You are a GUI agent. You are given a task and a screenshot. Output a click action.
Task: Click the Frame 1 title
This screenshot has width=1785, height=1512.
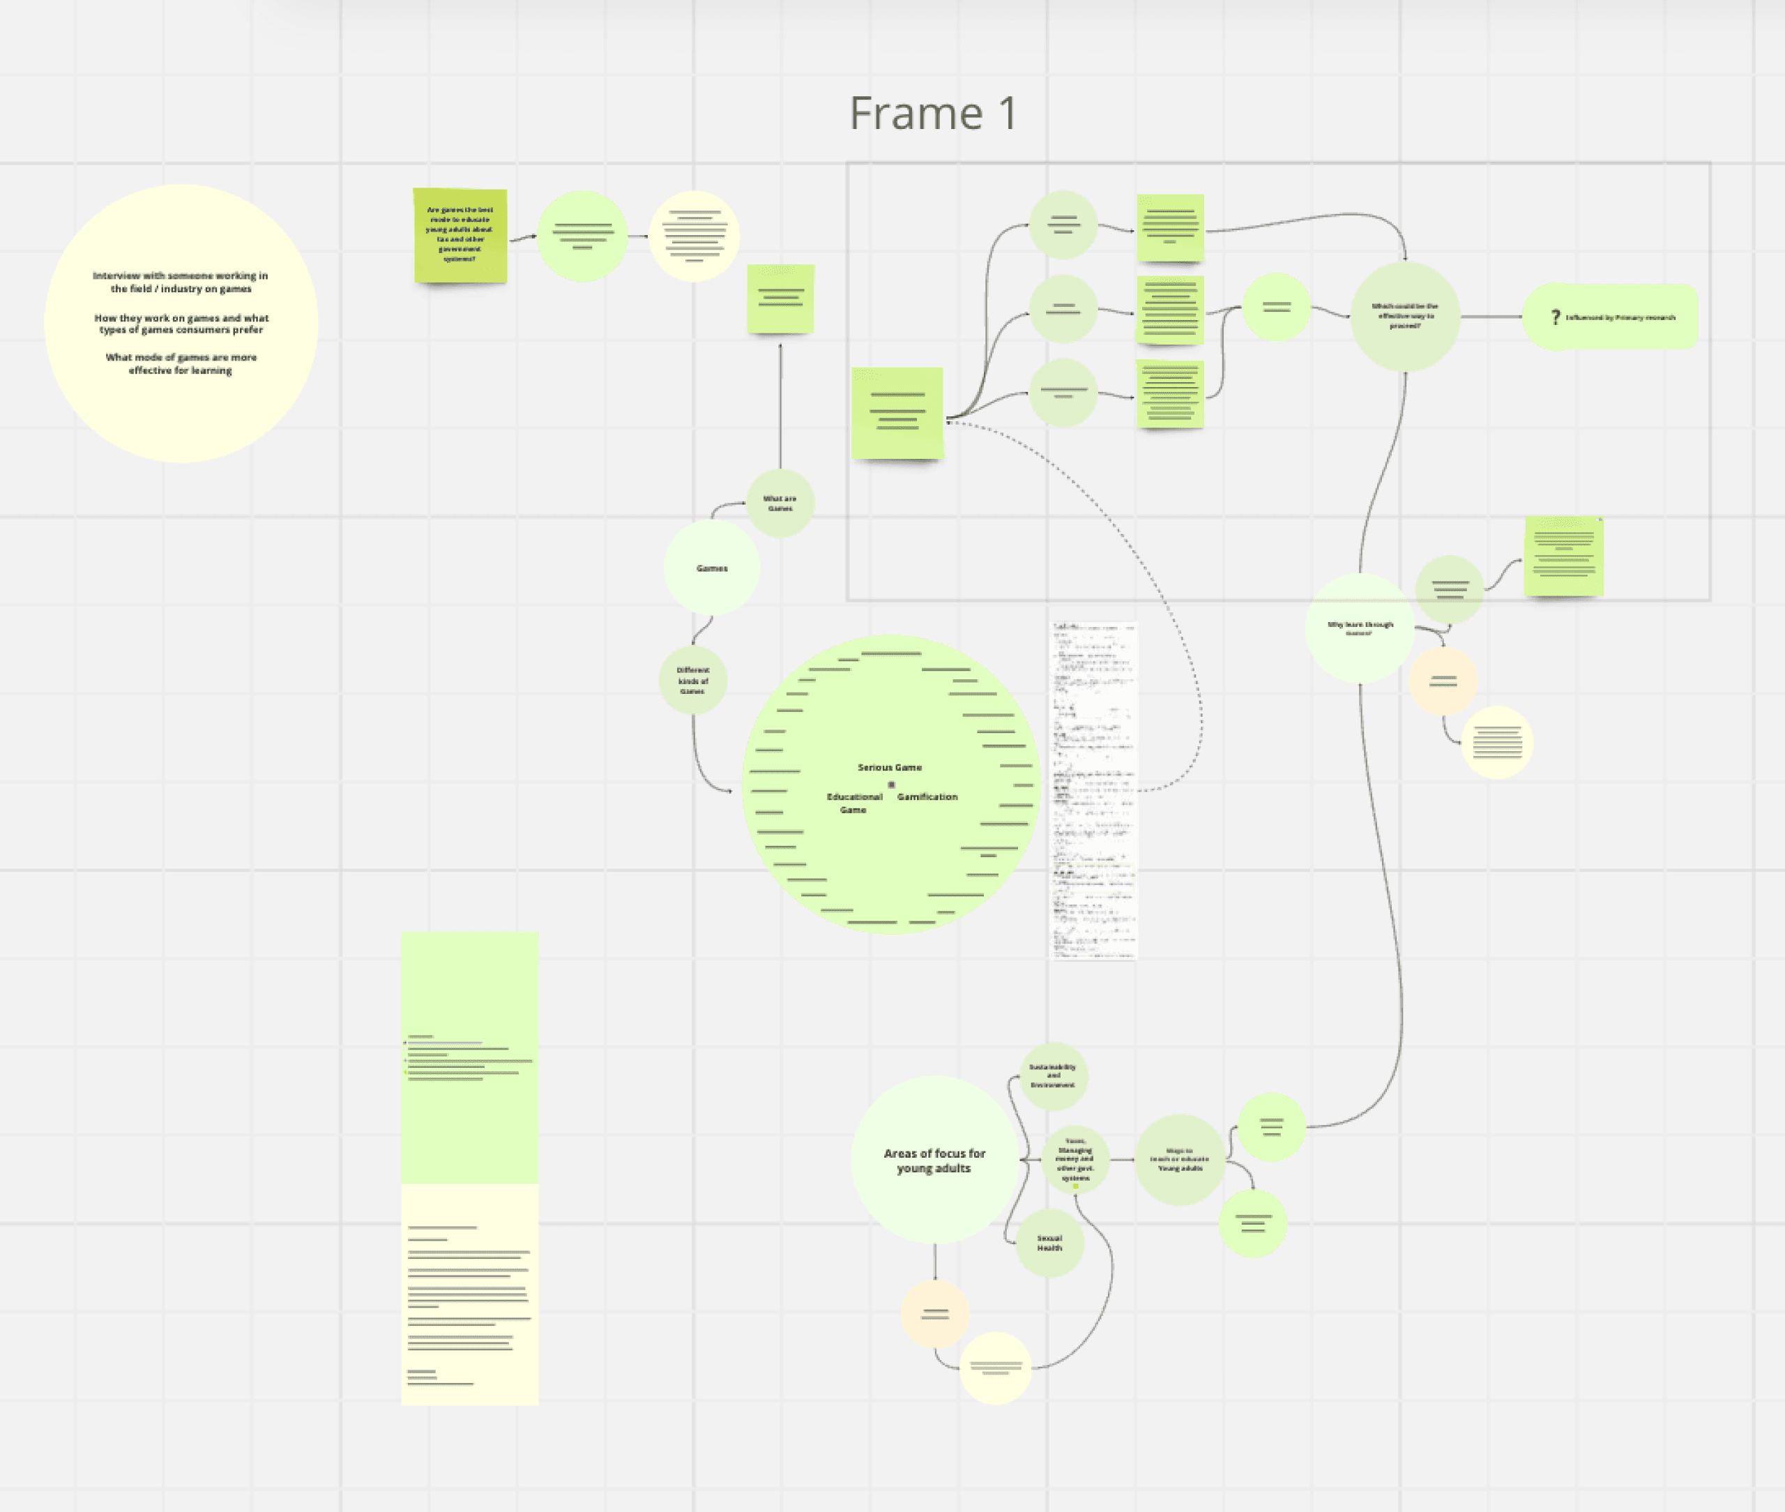(932, 114)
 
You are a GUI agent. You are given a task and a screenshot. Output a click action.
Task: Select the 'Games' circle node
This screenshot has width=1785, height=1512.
(711, 568)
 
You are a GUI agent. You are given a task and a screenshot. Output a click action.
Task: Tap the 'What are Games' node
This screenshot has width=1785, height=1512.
(780, 503)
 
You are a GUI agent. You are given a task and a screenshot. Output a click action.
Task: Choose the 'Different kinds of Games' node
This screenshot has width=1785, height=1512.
(692, 681)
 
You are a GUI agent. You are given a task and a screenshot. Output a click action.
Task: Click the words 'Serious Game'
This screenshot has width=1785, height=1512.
(890, 767)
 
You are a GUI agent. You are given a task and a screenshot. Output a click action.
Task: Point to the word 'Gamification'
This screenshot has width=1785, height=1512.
(927, 797)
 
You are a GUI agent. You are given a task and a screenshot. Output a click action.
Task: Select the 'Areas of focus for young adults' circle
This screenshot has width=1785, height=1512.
(934, 1161)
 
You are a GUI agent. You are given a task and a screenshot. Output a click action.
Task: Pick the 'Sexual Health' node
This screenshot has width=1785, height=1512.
(1049, 1243)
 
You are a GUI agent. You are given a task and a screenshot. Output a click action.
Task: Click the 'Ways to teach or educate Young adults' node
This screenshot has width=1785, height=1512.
(1179, 1160)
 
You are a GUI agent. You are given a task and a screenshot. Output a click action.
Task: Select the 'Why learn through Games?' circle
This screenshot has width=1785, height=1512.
(1359, 628)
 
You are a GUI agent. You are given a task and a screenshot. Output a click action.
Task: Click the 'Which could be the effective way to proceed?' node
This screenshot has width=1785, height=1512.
(1404, 317)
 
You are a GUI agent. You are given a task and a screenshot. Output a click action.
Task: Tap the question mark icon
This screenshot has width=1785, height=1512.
(1556, 317)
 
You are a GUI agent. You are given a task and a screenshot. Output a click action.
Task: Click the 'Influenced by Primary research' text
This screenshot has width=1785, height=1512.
(1620, 318)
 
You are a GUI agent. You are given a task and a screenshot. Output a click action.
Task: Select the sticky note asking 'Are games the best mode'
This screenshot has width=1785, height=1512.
(460, 235)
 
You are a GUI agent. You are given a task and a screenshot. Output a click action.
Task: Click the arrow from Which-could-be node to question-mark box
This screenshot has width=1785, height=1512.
(1491, 317)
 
